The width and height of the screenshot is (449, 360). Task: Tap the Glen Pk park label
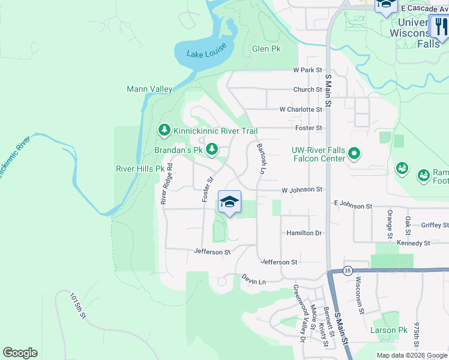[267, 49]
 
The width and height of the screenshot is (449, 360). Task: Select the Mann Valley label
[149, 89]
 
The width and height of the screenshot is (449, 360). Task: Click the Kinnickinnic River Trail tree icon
[164, 130]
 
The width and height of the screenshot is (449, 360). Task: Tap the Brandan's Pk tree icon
[211, 149]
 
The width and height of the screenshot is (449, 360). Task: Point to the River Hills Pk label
[140, 169]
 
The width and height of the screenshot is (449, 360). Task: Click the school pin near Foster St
[229, 202]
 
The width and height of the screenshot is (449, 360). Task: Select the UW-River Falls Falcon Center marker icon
[354, 154]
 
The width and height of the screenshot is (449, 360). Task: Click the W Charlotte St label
[301, 110]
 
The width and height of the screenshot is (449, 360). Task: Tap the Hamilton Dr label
[304, 233]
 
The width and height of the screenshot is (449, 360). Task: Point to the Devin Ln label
[253, 280]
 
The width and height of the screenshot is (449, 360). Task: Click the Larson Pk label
[389, 330]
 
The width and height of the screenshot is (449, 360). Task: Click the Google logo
[20, 353]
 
